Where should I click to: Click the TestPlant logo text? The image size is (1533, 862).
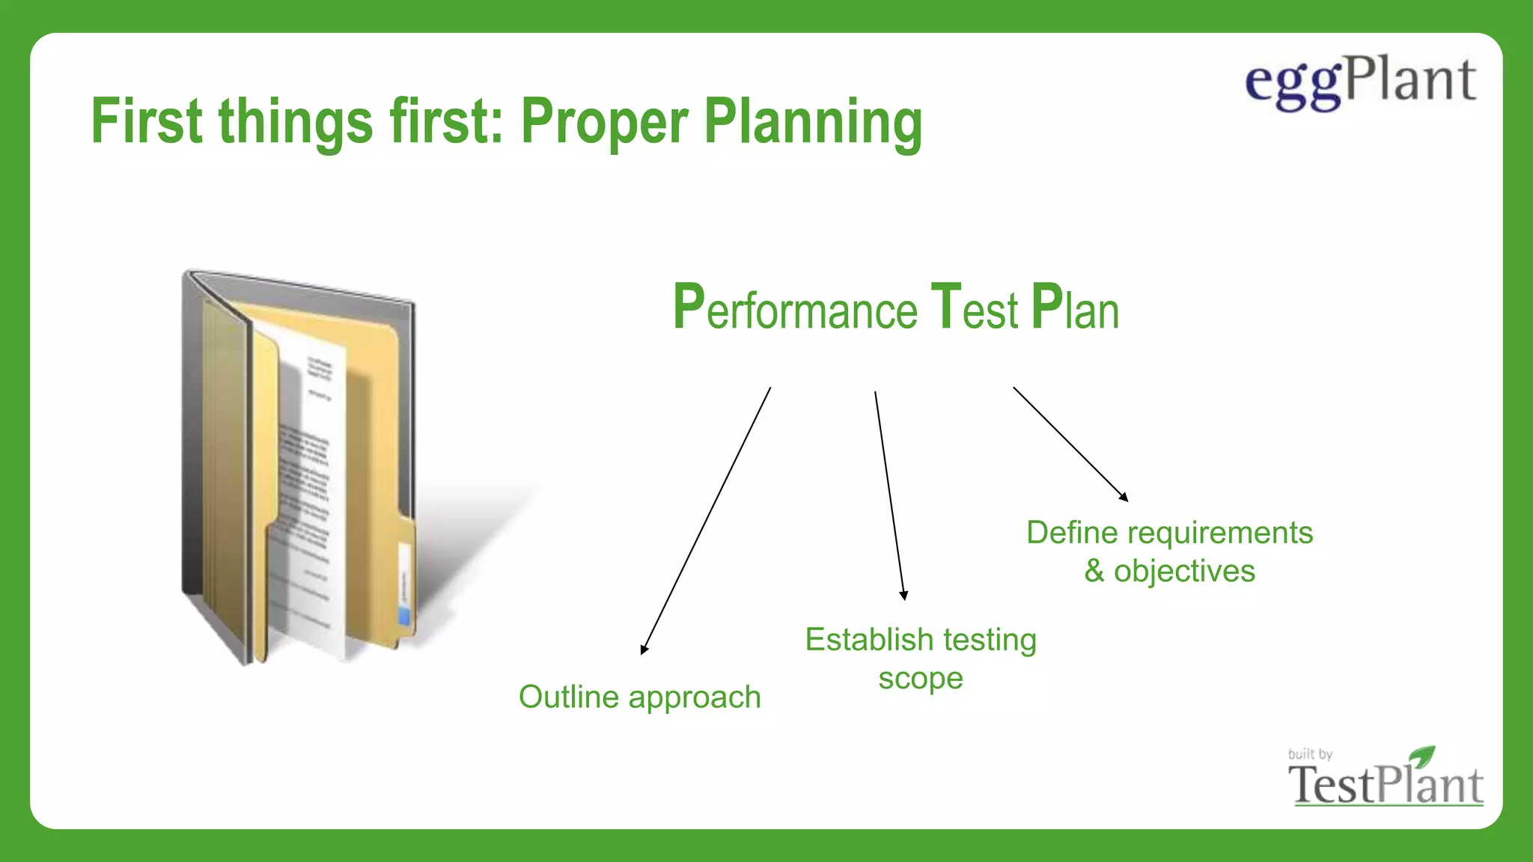click(1385, 786)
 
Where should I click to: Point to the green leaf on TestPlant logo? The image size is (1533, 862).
click(1421, 755)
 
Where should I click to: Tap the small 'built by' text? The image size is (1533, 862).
click(1310, 754)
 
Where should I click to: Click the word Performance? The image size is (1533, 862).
click(794, 308)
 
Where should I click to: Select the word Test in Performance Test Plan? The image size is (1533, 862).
click(974, 308)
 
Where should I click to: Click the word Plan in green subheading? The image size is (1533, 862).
click(1075, 308)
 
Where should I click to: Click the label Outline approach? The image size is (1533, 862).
click(639, 697)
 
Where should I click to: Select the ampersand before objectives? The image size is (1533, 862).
click(1094, 572)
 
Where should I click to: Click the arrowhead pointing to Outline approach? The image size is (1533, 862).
click(644, 649)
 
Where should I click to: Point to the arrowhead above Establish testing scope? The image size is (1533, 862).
click(903, 596)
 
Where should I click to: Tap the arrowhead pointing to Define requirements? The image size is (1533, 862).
click(1124, 497)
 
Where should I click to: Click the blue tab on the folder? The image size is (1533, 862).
click(405, 615)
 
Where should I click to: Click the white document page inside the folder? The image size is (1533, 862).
click(311, 486)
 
